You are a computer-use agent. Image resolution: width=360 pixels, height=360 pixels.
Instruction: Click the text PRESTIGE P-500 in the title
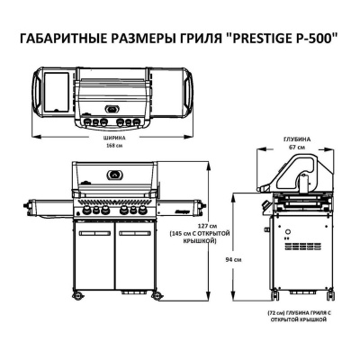(283, 39)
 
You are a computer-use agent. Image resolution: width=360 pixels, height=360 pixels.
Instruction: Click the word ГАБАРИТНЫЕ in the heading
(61, 40)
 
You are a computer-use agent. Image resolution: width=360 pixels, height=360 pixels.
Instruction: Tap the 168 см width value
(114, 146)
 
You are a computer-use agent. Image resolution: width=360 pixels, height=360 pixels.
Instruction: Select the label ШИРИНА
(114, 139)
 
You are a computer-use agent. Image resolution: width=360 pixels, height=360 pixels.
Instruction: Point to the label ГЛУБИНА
(297, 139)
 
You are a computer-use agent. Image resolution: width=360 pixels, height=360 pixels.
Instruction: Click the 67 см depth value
(297, 148)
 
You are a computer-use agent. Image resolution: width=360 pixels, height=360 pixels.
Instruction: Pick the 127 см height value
(207, 226)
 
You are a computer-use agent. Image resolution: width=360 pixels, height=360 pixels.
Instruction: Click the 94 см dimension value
(234, 260)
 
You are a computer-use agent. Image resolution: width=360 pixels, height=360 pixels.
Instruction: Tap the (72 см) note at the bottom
(274, 313)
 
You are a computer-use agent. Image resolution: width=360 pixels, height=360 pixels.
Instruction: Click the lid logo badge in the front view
(114, 175)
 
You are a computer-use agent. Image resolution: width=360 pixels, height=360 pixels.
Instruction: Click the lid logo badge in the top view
(112, 109)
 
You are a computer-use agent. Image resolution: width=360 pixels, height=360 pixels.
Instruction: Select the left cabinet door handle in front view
(94, 233)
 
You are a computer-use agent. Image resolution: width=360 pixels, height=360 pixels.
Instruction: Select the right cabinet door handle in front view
(135, 233)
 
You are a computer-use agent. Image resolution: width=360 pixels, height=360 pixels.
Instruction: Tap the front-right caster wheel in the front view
(157, 295)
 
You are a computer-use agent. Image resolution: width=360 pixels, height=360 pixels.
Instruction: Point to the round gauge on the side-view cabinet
(287, 232)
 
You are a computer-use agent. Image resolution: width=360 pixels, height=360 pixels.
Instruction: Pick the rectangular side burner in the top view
(57, 91)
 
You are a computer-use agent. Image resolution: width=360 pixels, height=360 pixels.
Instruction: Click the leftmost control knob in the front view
(86, 211)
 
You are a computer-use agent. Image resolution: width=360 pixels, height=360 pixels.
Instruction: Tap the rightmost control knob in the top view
(137, 121)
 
